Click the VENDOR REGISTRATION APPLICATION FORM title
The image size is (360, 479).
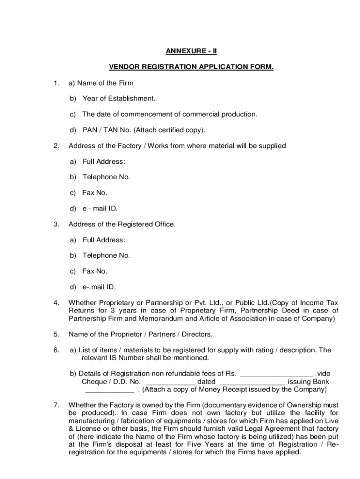pyautogui.click(x=191, y=67)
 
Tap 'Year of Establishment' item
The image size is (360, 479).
pyautogui.click(x=118, y=98)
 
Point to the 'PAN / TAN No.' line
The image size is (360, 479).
pyautogui.click(x=104, y=130)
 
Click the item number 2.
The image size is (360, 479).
pyautogui.click(x=56, y=146)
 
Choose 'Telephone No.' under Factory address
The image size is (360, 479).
pyautogui.click(x=106, y=177)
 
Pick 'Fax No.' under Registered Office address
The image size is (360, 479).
pyautogui.click(x=94, y=271)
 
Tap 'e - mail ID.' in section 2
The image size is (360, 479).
pyautogui.click(x=100, y=209)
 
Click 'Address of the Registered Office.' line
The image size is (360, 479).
pyautogui.click(x=122, y=224)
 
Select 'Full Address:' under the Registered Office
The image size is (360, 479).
pyautogui.click(x=104, y=240)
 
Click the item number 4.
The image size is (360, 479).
pyautogui.click(x=56, y=303)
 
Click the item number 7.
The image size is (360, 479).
pyautogui.click(x=56, y=405)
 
